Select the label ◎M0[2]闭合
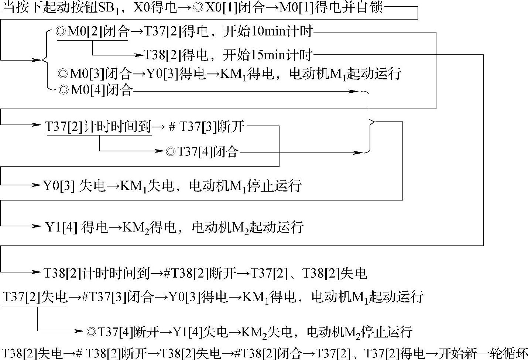(92, 32)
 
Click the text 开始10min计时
(268, 32)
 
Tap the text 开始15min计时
(268, 55)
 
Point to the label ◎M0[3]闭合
(95, 74)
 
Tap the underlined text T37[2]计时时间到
(98, 127)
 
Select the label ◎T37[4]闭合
(202, 151)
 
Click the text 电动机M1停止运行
(245, 185)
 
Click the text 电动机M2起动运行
(247, 227)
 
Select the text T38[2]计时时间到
(97, 273)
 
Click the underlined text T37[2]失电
(35, 297)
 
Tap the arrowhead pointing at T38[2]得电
(139, 55)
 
